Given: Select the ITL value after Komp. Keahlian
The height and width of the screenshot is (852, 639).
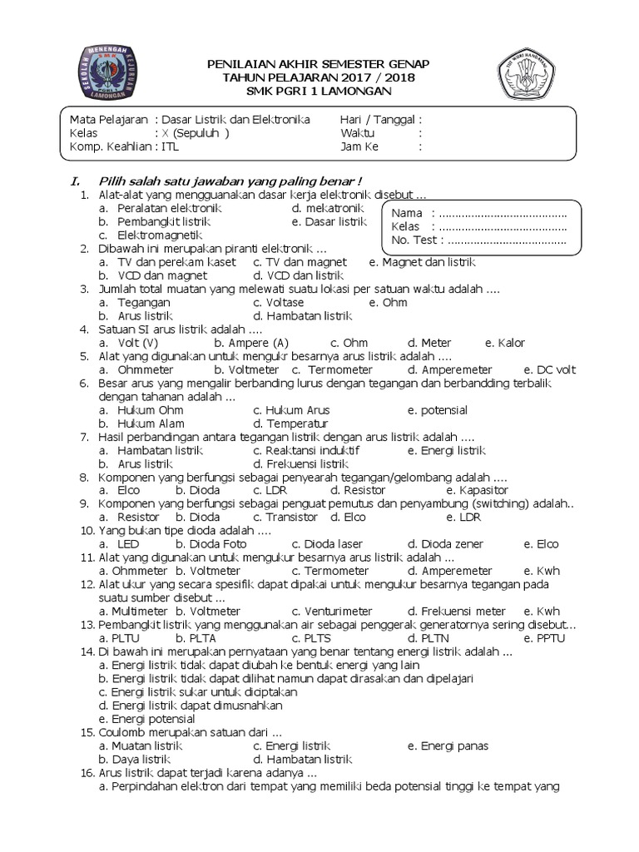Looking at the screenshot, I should coord(170,147).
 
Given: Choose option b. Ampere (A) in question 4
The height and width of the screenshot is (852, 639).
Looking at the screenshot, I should coord(251,343).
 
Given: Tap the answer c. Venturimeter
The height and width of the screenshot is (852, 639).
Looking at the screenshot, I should coord(331,611).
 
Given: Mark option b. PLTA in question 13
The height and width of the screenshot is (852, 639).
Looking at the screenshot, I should coord(191,638).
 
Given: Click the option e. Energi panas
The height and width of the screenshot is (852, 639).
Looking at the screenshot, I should coord(448,745).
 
